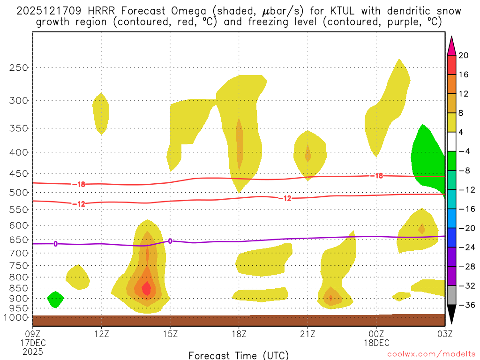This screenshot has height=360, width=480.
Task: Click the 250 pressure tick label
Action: (19, 67)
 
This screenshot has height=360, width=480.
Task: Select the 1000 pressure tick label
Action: (17, 318)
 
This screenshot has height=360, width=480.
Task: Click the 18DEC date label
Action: (376, 343)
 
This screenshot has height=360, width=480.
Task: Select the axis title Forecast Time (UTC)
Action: (239, 354)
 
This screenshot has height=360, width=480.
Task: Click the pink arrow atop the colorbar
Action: (451, 45)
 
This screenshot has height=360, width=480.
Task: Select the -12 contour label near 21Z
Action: (285, 198)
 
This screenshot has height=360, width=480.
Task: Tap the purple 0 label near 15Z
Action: (170, 241)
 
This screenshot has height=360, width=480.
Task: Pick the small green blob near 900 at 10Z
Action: (55, 299)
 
